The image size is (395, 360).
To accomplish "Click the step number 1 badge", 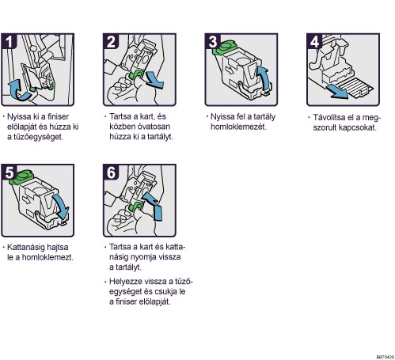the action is coord(9,41).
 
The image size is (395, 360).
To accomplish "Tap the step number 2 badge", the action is coord(111,41).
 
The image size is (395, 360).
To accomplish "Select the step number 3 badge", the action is coord(213,41).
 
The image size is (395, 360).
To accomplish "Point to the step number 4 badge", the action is coord(314,41).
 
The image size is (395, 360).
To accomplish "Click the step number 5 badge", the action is coord(9,172).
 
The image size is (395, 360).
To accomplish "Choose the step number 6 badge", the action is coord(111,172).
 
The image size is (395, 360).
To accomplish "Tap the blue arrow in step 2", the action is coord(155,81).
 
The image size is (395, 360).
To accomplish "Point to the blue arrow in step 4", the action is coord(337,92).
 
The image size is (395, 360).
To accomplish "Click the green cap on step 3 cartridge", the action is coord(225,46).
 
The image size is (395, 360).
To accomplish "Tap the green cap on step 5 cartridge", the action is coord(21,176).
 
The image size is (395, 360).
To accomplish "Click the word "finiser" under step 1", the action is coord(58,116).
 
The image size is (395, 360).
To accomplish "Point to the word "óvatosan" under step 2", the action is coord(154,127).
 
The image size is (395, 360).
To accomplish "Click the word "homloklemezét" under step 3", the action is coord(238,127).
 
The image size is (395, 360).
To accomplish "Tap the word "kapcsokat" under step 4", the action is coord(357,127).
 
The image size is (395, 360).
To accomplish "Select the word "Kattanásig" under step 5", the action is coord(25,248).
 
